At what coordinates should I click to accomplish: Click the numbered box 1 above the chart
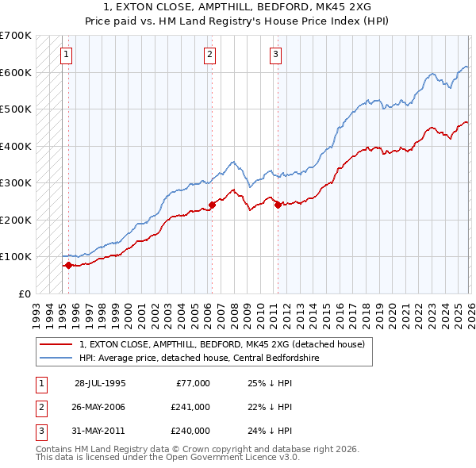[65, 55]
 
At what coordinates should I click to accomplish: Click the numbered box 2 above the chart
[209, 55]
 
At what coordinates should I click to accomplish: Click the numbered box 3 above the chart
[275, 55]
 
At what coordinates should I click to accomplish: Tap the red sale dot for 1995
[68, 265]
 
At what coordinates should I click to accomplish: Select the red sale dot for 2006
[212, 205]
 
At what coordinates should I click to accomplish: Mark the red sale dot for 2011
[278, 205]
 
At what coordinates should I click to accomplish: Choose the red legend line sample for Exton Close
[55, 344]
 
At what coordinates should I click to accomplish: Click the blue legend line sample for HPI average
[55, 358]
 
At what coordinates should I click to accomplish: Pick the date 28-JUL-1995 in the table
[100, 383]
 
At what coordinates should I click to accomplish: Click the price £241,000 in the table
[190, 407]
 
